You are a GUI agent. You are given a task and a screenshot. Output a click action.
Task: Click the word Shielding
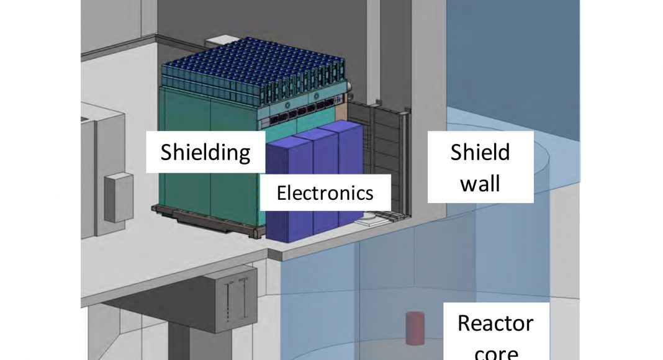(x=205, y=151)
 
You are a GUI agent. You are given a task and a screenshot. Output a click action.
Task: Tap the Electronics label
(x=325, y=192)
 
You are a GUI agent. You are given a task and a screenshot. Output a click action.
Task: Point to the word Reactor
(x=495, y=323)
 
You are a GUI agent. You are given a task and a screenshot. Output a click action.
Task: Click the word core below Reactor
(x=495, y=353)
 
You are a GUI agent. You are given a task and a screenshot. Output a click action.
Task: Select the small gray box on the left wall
(x=118, y=197)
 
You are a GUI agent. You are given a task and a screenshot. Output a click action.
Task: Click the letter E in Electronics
(x=281, y=192)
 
